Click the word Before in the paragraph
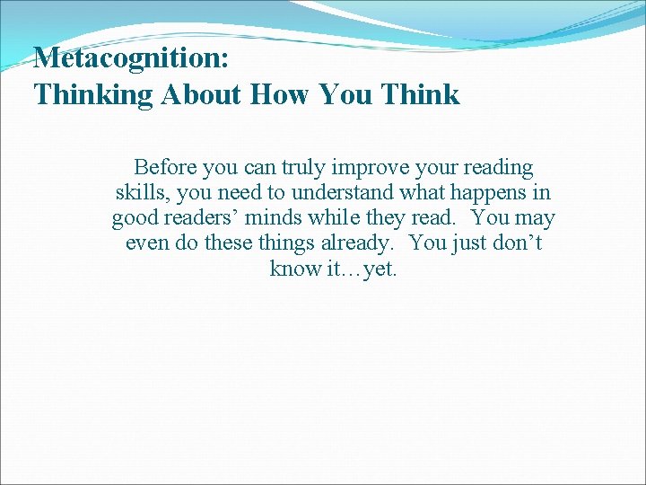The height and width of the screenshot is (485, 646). (x=167, y=168)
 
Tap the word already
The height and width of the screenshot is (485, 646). (x=358, y=243)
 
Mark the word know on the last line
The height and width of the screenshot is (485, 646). (x=290, y=269)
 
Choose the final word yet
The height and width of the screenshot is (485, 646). (x=380, y=269)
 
